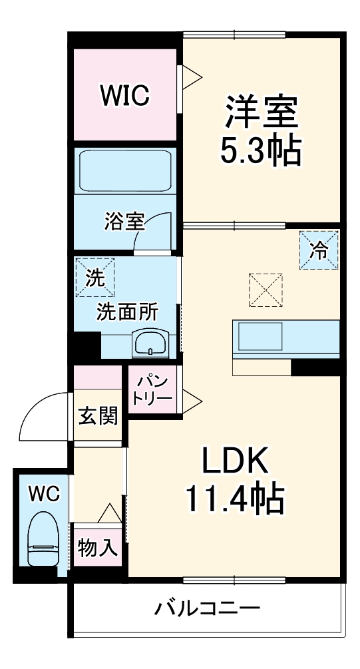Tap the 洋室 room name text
pos(261,111)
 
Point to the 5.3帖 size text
pos(261,151)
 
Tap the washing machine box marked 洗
pos(94,278)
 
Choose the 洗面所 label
pos(128,312)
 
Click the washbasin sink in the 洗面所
pos(152,343)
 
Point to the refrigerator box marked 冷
pos(319,250)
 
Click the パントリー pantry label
pos(154,391)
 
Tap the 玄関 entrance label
pos(98,417)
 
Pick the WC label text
pos(43,493)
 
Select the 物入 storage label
pos(98,549)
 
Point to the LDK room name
pos(234,460)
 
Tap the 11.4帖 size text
pos(234,498)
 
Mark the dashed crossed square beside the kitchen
pos(266,290)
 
